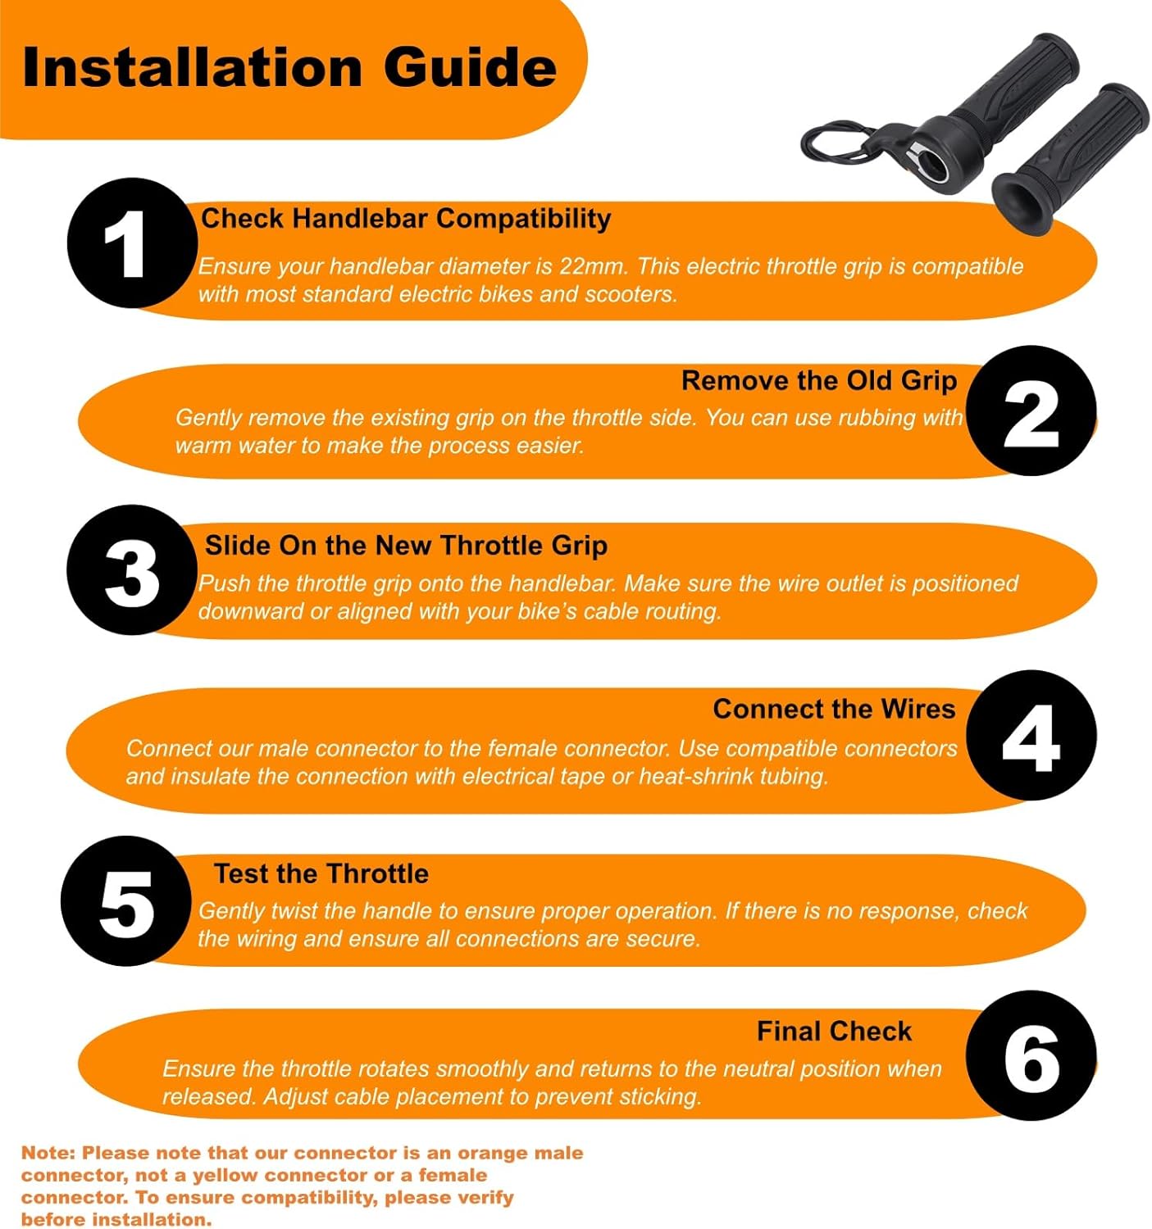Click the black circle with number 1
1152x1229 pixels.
[x=132, y=243]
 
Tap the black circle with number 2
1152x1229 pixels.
[x=1031, y=410]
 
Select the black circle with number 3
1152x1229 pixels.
[x=132, y=570]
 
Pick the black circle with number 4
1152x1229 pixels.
[x=1031, y=736]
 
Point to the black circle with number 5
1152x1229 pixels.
[x=126, y=901]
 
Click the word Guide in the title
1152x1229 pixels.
[x=470, y=67]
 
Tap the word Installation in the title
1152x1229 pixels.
[x=191, y=67]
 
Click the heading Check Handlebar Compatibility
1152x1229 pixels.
[x=407, y=219]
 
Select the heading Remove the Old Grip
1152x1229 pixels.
[x=819, y=381]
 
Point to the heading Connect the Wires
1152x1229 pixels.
[x=834, y=710]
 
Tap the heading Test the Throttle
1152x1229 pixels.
[x=321, y=873]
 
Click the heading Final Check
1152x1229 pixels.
[x=834, y=1032]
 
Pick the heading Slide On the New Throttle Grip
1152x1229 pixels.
[x=407, y=546]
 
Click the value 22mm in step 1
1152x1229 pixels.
[x=594, y=266]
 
